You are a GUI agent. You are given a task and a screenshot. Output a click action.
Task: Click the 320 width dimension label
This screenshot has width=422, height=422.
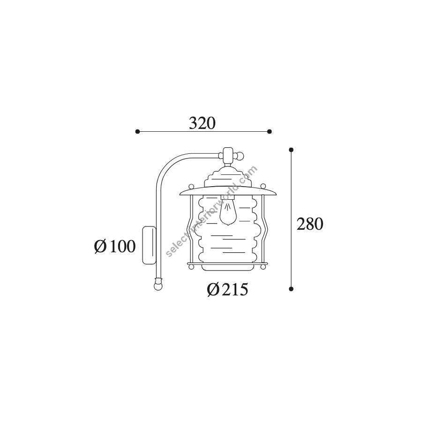pyautogui.click(x=202, y=123)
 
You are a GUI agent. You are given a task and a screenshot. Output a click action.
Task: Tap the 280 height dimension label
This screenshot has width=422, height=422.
pyautogui.click(x=309, y=224)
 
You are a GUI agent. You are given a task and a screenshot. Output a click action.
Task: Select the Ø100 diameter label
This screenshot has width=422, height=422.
pyautogui.click(x=115, y=246)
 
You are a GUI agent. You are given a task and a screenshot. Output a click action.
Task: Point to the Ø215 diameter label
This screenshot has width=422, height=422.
pyautogui.click(x=227, y=290)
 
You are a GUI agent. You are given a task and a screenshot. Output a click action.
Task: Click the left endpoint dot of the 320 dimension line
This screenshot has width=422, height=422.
pyautogui.click(x=137, y=132)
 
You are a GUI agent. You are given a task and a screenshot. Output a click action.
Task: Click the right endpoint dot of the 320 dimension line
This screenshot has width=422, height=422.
pyautogui.click(x=270, y=132)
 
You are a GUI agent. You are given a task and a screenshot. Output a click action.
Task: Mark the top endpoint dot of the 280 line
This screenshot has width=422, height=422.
pyautogui.click(x=291, y=150)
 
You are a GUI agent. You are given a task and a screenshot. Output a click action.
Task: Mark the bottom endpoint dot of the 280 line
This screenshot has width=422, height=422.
pyautogui.click(x=291, y=289)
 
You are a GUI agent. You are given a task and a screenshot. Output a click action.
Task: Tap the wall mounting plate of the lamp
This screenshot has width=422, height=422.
pyautogui.click(x=149, y=245)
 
